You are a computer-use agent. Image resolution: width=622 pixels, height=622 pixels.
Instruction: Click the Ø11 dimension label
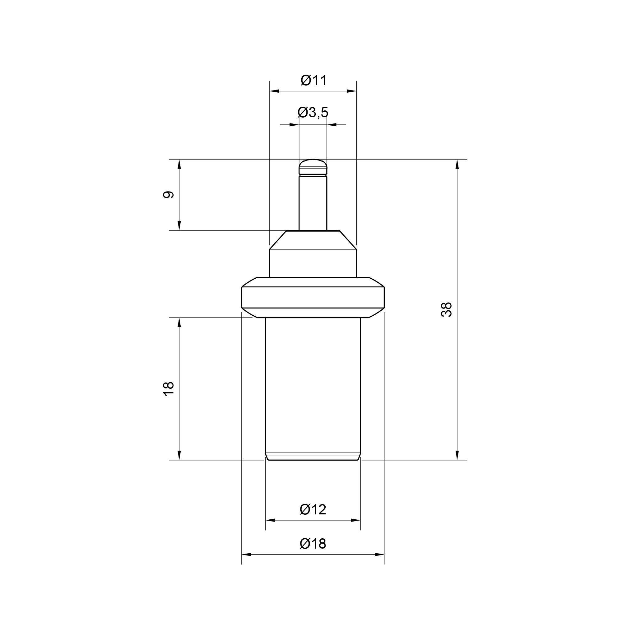[x=314, y=81]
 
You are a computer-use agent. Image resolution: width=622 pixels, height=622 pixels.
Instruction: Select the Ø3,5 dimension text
[x=313, y=112]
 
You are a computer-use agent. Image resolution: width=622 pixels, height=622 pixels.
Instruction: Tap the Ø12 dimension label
[x=313, y=510]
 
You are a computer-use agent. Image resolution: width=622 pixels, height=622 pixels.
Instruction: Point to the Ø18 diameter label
[x=313, y=544]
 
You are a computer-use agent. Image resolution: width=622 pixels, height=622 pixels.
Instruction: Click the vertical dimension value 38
[x=447, y=310]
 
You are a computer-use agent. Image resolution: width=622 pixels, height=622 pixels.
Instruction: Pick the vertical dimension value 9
[x=168, y=195]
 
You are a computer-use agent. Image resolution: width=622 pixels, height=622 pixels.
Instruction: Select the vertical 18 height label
[x=168, y=388]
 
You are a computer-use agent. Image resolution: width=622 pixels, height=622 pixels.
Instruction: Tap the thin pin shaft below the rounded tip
[x=313, y=203]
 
